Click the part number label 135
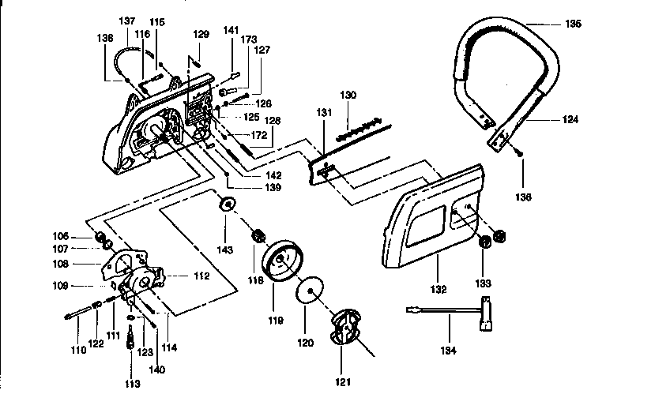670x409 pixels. tap(573, 24)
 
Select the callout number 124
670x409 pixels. tap(570, 120)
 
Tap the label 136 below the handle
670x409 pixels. tap(523, 197)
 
